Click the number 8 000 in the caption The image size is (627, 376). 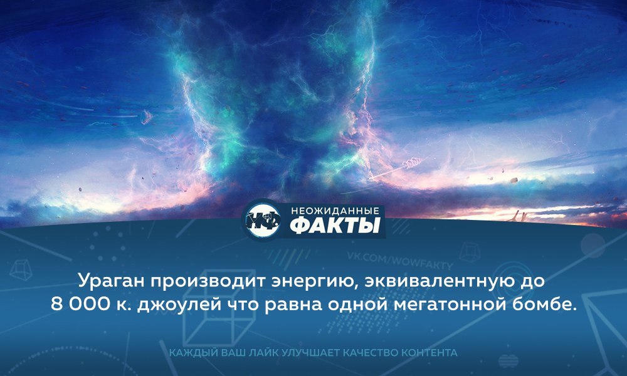(x=80, y=305)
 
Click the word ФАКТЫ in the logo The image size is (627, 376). (x=335, y=226)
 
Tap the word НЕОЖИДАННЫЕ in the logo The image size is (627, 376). (x=335, y=210)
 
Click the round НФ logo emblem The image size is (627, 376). (x=262, y=219)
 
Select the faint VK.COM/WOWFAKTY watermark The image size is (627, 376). (x=399, y=261)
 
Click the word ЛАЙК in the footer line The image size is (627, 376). (x=264, y=353)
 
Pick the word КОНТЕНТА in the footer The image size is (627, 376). (x=429, y=353)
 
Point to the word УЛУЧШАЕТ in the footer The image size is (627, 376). (x=310, y=353)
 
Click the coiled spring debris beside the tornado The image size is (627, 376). (x=411, y=164)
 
